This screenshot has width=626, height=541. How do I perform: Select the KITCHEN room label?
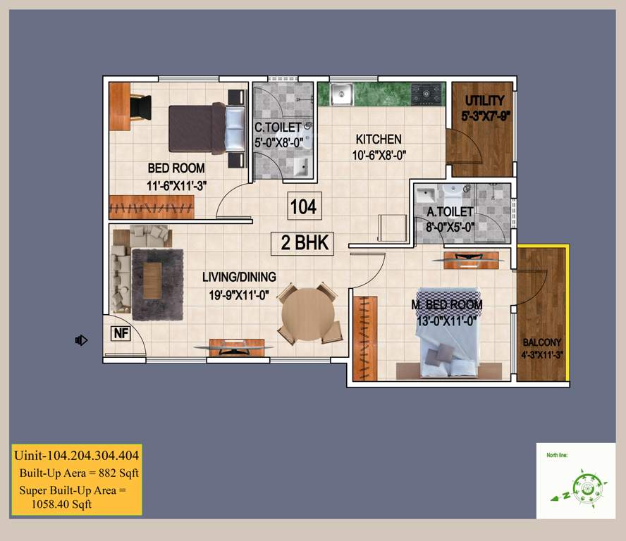coord(378,139)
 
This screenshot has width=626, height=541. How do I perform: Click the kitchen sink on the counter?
coord(343,93)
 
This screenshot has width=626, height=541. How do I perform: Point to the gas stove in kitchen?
coord(426,93)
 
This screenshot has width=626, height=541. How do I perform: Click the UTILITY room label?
coord(483,100)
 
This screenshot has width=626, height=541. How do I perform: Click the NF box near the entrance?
coord(121,333)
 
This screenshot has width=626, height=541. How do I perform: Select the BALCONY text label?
coord(541,342)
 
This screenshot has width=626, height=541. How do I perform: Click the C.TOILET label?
coord(278,128)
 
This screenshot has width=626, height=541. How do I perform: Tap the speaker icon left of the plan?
coord(81,341)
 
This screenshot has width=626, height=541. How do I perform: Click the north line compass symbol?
coord(584,486)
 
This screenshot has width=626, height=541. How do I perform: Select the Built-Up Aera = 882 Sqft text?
coord(79,473)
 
